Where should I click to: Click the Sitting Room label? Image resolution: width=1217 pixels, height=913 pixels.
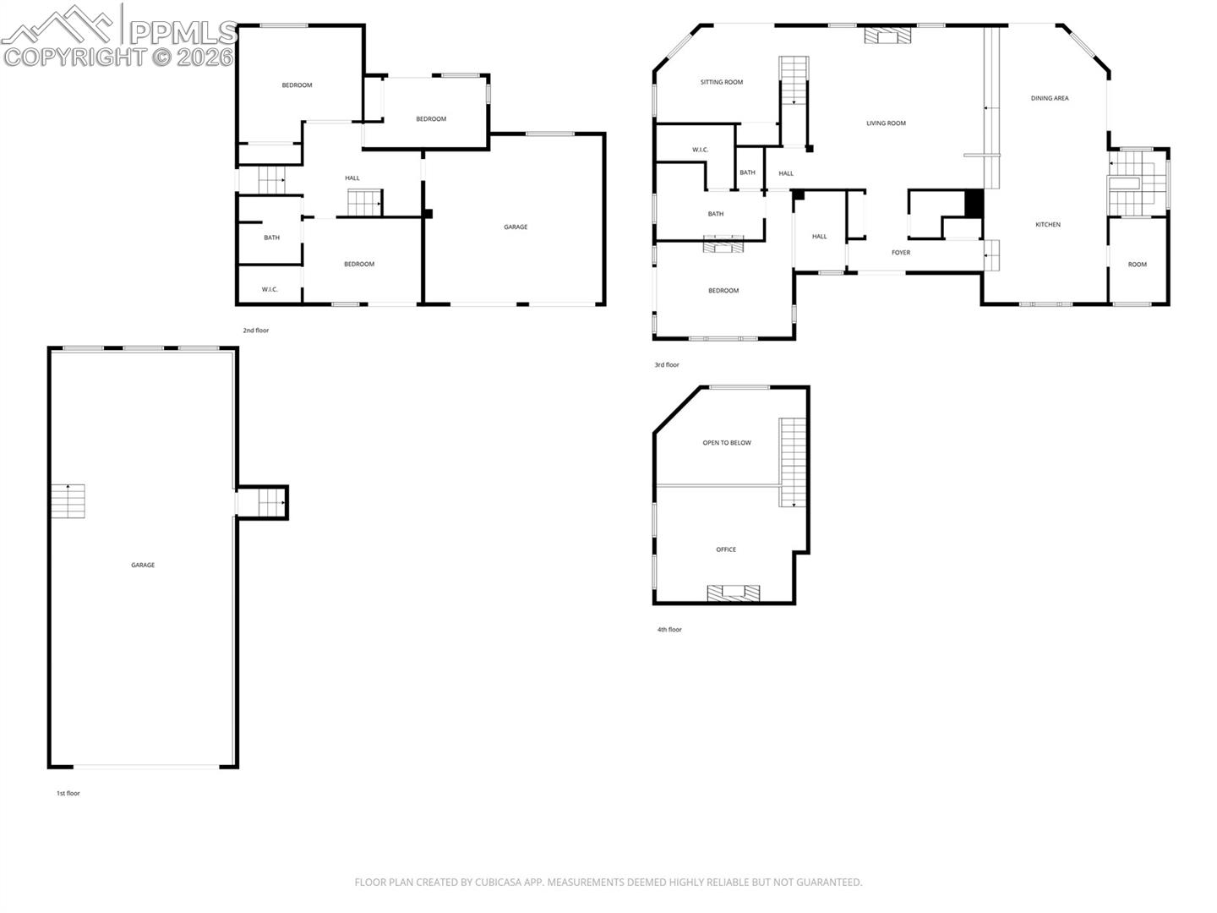coord(722,82)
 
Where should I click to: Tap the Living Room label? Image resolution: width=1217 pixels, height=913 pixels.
coord(886,123)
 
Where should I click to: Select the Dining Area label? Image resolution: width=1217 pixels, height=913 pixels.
coord(1050,98)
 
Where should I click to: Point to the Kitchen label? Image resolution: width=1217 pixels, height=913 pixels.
coord(1048,225)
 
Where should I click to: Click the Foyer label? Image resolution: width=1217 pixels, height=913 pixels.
coord(901,252)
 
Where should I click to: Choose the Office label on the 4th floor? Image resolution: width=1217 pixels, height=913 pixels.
coord(726,549)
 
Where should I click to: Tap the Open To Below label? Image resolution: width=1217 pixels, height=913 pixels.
coord(727,442)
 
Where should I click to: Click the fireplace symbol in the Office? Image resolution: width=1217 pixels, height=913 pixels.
coord(733,593)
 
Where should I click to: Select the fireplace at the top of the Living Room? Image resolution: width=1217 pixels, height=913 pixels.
coord(887,36)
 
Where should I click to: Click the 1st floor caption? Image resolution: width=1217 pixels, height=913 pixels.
coord(68,793)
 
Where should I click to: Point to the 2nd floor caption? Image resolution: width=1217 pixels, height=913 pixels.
coord(255,331)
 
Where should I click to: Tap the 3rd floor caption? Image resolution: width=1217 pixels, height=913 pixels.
coord(667,364)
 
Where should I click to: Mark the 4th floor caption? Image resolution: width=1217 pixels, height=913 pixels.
coord(669,630)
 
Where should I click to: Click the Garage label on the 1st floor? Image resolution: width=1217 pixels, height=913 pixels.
coord(143,565)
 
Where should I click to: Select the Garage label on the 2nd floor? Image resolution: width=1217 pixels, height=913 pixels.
coord(516,227)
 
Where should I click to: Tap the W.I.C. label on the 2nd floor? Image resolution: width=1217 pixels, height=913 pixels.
coord(270,289)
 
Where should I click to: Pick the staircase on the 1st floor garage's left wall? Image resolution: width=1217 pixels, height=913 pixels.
coord(68,501)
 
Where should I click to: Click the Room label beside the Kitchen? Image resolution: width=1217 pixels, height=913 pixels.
coord(1138,265)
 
